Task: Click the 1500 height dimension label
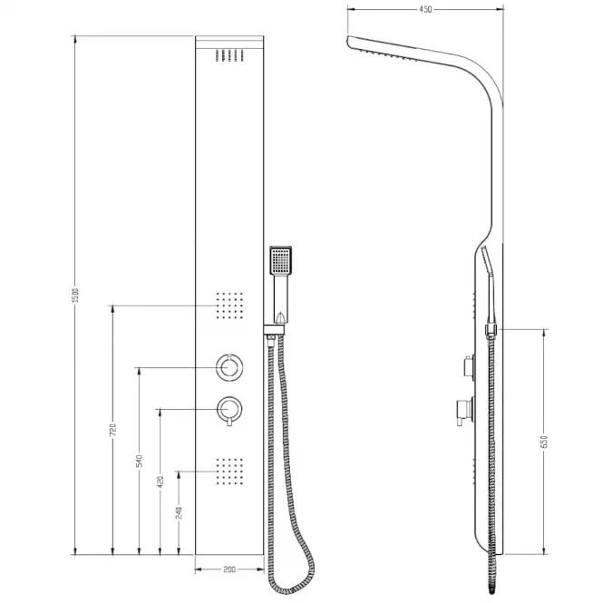pyautogui.click(x=76, y=295)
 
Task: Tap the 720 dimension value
pyautogui.click(x=112, y=430)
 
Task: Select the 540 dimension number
pyautogui.click(x=140, y=461)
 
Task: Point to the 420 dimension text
pyautogui.click(x=160, y=481)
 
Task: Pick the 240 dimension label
pyautogui.click(x=179, y=512)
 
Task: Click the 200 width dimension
pyautogui.click(x=229, y=569)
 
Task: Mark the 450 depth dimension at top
pyautogui.click(x=425, y=9)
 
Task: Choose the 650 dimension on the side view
pyautogui.click(x=543, y=442)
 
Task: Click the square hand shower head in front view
pyautogui.click(x=281, y=260)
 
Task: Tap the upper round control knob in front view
pyautogui.click(x=229, y=367)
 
